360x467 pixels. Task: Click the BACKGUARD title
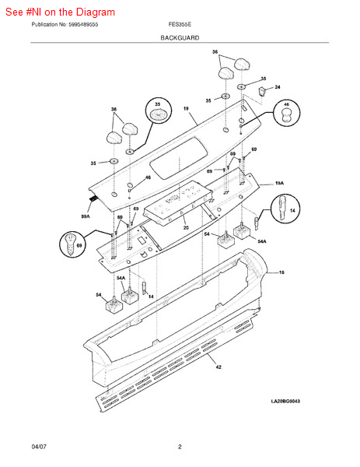(180, 37)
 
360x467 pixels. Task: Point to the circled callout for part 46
(286, 114)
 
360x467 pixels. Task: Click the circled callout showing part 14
(284, 212)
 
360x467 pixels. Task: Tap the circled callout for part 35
(158, 112)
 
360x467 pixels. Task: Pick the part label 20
(186, 227)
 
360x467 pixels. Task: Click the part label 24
(278, 87)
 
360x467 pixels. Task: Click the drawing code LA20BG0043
(285, 423)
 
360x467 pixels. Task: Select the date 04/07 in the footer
(39, 447)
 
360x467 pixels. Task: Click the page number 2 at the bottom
(180, 447)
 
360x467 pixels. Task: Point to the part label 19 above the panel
(186, 109)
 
